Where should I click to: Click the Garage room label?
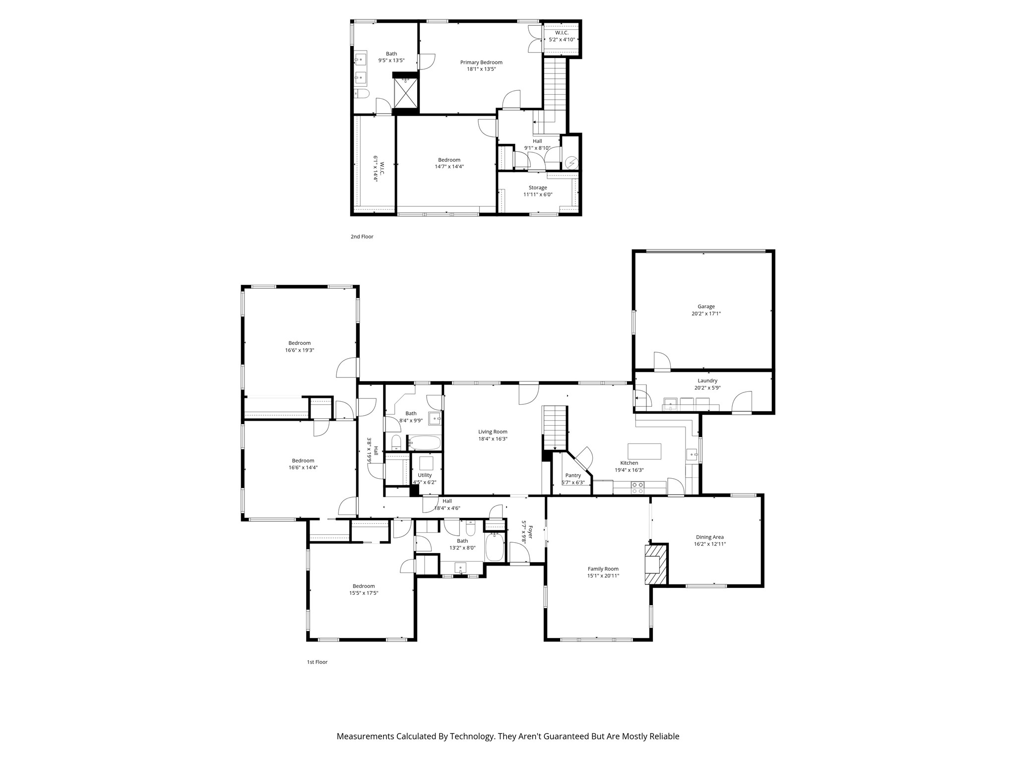coord(706,307)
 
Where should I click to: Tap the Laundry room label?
coord(707,381)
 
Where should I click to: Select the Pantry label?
coord(573,475)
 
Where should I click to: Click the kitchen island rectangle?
coord(644,451)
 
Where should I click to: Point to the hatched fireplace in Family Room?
coord(655,564)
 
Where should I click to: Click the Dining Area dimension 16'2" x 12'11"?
coord(710,544)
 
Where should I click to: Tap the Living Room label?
coord(493,432)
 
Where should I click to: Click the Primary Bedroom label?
coord(481,63)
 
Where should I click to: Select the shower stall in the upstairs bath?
coord(406,93)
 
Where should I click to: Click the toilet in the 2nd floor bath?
coord(362,94)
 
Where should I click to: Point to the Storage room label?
coord(538,188)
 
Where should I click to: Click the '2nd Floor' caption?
coord(362,237)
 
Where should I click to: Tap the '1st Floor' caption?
coord(317,662)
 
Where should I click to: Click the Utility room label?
coord(425,475)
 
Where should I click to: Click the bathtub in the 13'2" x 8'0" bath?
coord(495,547)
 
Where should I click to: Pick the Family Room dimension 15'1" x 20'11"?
coord(603,576)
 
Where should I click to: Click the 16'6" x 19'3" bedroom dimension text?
coord(300,350)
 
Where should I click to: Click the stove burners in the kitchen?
coord(637,488)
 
